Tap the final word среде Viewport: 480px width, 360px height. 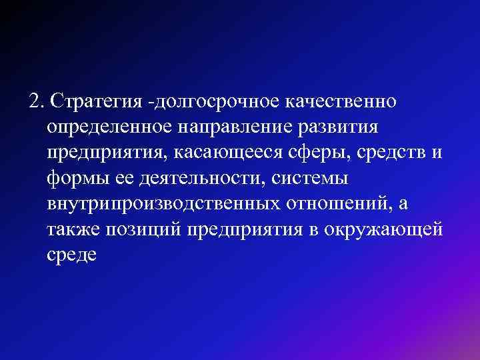point(72,255)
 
